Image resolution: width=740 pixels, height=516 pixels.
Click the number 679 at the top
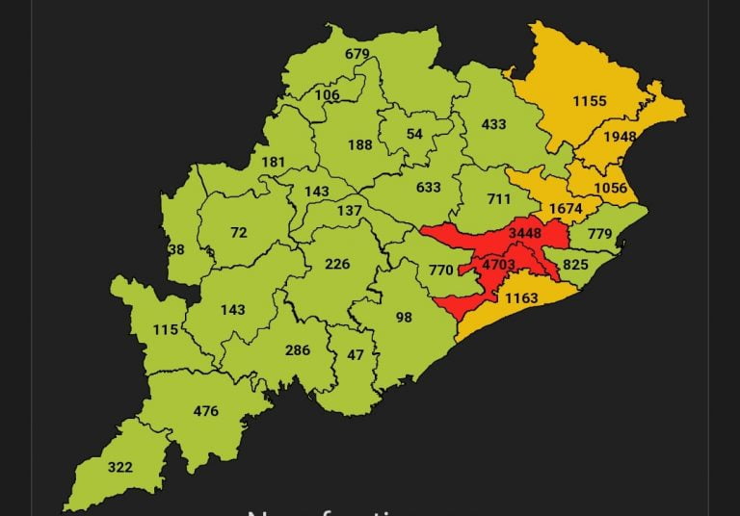pos(357,54)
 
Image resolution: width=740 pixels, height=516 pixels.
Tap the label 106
pos(327,94)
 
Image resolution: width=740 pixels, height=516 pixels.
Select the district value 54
pos(414,134)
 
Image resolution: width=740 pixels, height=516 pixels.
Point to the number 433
pos(493,124)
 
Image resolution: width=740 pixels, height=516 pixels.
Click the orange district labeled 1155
pos(589,101)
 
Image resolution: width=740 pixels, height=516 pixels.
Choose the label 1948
pos(620,137)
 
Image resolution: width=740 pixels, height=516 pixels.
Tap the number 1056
pos(610,188)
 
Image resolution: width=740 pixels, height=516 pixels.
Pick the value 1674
pos(566,209)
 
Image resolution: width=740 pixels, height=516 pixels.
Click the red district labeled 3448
pos(524,233)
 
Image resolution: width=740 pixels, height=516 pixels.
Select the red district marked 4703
pos(499,264)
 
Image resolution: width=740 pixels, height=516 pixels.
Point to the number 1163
pos(520,298)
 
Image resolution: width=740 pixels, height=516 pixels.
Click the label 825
pos(575,265)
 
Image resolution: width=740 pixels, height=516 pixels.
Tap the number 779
pos(599,234)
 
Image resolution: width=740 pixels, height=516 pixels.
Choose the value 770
pos(440,271)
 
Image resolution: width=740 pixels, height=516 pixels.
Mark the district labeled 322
pos(119,468)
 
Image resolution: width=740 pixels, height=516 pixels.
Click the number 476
pos(205,411)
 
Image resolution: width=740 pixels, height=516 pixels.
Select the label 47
pos(356,354)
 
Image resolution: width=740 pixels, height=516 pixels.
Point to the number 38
pos(175,249)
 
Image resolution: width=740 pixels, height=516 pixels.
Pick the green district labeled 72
pos(239,233)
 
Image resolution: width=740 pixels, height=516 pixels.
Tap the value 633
pos(429,189)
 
